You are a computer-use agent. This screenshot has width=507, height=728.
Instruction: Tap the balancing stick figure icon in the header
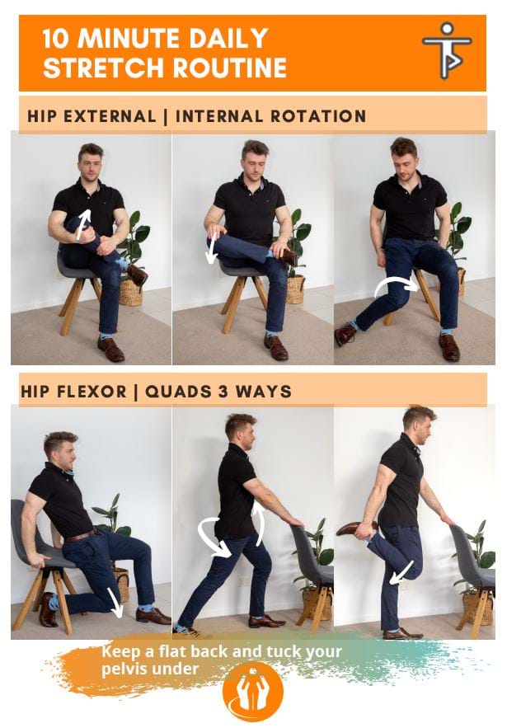coord(447,49)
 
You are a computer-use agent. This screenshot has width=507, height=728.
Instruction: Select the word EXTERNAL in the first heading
coord(110,116)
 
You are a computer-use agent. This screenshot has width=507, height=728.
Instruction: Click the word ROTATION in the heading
coord(317,116)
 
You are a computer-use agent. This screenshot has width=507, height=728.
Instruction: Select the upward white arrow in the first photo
coord(83,223)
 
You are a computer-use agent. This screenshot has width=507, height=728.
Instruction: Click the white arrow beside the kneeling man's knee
coord(115,602)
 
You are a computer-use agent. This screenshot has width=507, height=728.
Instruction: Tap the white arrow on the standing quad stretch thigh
coord(401,572)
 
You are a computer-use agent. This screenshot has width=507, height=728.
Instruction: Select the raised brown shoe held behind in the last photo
coord(352,528)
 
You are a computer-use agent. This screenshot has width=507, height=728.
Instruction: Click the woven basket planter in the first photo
coord(130,291)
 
